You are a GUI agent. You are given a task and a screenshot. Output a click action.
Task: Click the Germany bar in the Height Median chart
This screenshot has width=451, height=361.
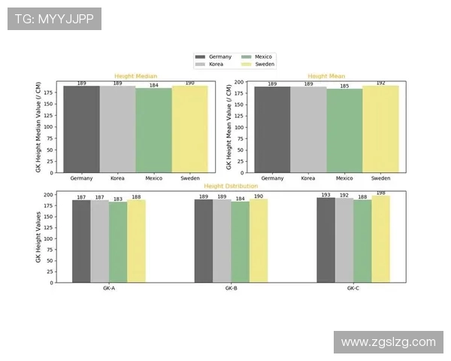pyautogui.click(x=81, y=129)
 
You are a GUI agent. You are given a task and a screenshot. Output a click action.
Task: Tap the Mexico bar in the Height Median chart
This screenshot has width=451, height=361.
pyautogui.click(x=153, y=131)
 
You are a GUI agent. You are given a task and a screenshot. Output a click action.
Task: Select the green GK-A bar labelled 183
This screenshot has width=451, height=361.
pyautogui.click(x=117, y=242)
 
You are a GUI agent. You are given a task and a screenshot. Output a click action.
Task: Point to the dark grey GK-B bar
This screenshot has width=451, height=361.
pyautogui.click(x=204, y=241)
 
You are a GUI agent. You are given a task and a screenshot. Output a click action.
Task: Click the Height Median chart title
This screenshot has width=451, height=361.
pyautogui.click(x=135, y=76)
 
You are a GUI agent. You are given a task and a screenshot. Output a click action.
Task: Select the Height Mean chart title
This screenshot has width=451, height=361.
pyautogui.click(x=326, y=76)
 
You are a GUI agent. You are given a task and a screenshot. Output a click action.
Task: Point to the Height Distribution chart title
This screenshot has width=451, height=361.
pyautogui.click(x=231, y=186)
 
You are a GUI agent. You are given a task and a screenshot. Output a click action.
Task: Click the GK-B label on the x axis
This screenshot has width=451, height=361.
pyautogui.click(x=231, y=289)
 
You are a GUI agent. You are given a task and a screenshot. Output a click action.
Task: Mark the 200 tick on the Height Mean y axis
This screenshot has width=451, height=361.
pyautogui.click(x=240, y=82)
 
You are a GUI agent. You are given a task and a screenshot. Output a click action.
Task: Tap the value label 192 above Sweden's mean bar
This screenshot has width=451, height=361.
pyautogui.click(x=380, y=83)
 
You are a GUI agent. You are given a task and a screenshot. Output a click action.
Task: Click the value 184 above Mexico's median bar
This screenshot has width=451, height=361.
pyautogui.click(x=153, y=86)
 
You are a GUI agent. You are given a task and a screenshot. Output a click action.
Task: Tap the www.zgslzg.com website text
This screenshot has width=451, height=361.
pyautogui.click(x=389, y=342)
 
